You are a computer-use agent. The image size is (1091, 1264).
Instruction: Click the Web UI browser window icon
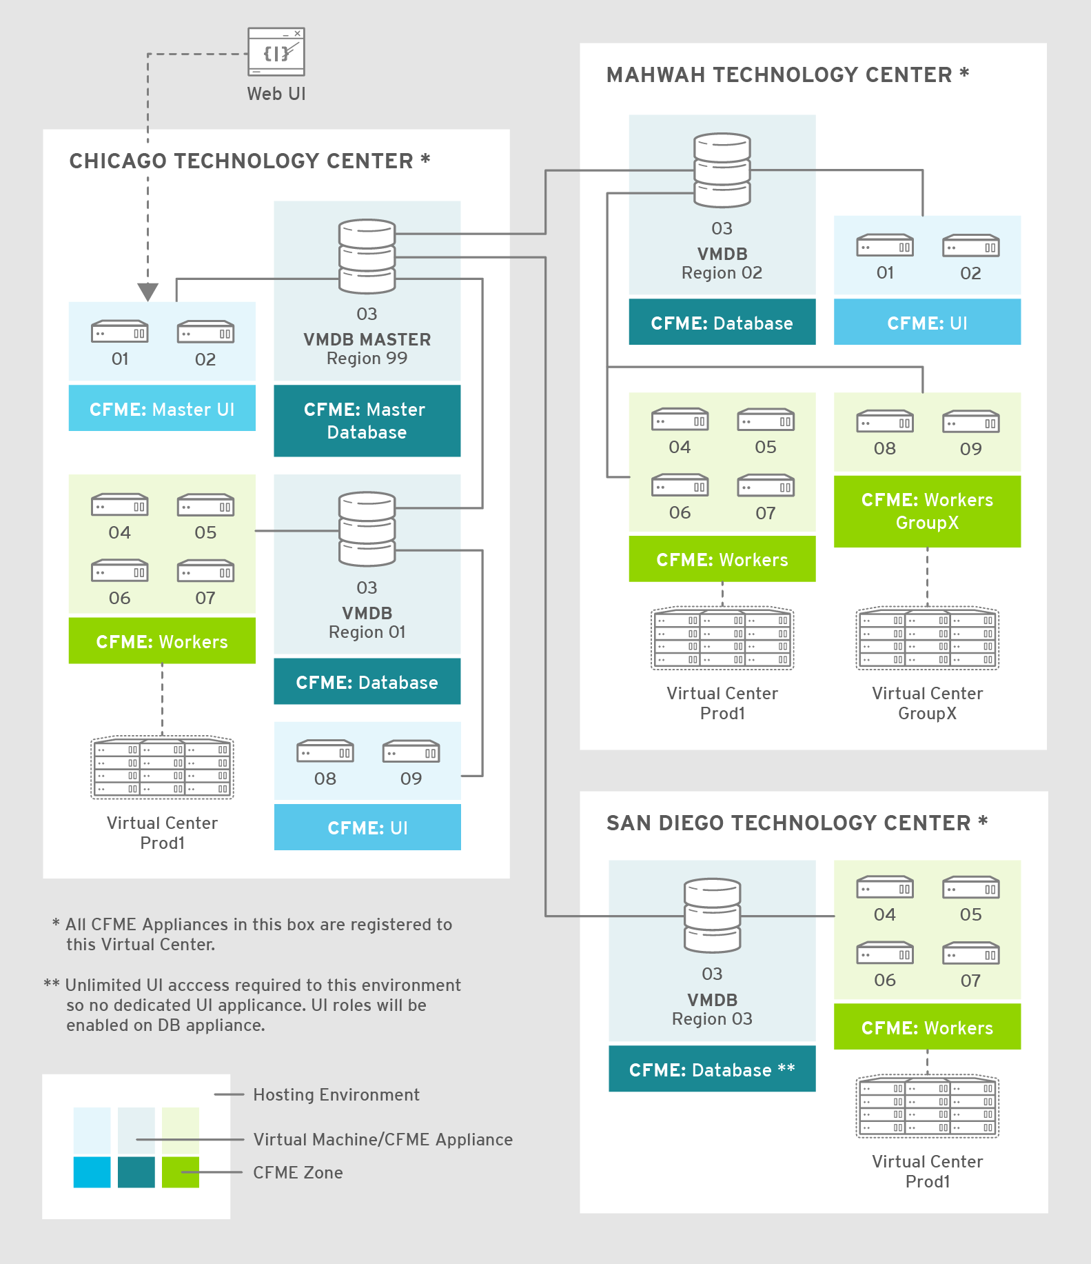(x=276, y=52)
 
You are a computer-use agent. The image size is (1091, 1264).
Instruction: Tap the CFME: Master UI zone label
(x=162, y=409)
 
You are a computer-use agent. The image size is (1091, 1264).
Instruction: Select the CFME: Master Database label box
(x=367, y=421)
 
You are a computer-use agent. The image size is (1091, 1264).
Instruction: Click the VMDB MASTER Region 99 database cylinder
(x=367, y=256)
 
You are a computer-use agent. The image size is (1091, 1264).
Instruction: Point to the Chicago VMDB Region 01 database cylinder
(x=367, y=529)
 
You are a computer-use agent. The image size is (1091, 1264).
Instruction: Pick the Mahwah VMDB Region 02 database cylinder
(x=722, y=170)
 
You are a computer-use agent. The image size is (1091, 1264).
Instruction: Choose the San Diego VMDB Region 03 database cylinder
(x=712, y=915)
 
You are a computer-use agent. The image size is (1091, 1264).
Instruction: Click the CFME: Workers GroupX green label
(x=927, y=511)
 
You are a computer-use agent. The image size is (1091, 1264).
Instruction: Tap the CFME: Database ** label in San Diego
(x=712, y=1070)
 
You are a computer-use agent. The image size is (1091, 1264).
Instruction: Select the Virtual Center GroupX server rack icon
(x=927, y=639)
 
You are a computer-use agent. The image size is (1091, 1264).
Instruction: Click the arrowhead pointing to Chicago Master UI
(x=148, y=292)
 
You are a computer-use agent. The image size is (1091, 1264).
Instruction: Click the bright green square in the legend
(x=181, y=1172)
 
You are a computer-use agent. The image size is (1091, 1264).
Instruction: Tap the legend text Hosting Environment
(x=336, y=1094)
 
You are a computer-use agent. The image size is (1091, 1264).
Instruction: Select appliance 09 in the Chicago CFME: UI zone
(x=411, y=752)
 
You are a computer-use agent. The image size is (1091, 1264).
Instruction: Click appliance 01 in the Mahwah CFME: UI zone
(x=885, y=246)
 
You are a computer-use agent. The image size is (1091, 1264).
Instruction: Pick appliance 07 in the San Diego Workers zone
(x=970, y=954)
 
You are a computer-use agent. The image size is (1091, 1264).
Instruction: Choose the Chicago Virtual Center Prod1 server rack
(x=162, y=768)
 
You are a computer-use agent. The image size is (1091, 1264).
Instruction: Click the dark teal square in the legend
(x=136, y=1172)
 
